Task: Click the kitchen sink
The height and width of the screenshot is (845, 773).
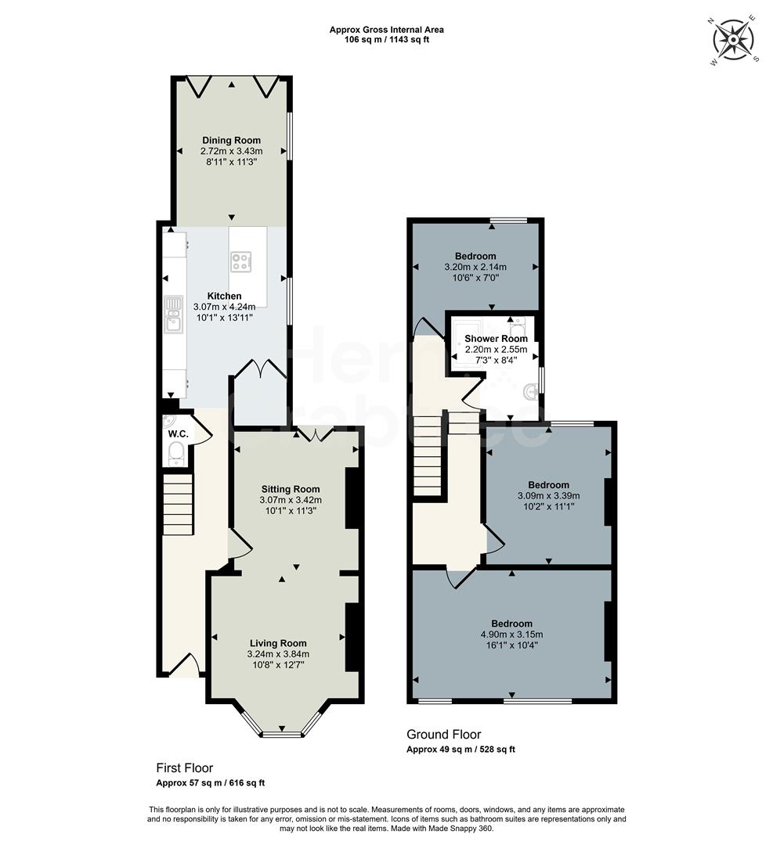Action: [x=173, y=320]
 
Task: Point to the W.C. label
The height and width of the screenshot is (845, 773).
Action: [x=177, y=433]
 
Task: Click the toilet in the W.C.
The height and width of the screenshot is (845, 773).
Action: [x=175, y=452]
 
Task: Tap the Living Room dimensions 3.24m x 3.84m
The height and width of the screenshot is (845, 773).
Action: [x=279, y=654]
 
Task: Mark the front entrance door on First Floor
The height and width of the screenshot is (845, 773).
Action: [x=183, y=667]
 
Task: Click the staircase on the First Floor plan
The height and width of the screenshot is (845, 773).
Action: [x=178, y=505]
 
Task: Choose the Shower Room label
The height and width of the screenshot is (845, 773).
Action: [x=496, y=339]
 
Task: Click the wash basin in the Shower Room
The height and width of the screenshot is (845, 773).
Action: [x=533, y=388]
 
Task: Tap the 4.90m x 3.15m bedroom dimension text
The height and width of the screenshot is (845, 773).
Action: [x=511, y=635]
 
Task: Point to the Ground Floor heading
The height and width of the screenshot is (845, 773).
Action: [x=443, y=734]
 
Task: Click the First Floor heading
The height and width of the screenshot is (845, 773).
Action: [x=184, y=768]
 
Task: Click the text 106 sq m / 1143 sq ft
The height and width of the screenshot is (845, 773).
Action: [x=386, y=39]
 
